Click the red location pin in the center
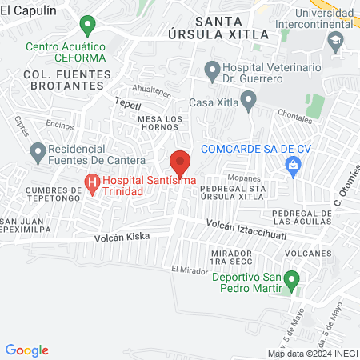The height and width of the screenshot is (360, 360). click(x=180, y=162)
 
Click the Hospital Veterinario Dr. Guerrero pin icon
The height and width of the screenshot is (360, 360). click(x=212, y=72)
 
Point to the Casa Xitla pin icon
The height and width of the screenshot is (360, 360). click(x=248, y=101)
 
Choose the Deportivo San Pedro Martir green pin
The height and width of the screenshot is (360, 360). click(x=293, y=280)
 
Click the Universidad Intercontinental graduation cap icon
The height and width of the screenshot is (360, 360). click(x=336, y=39)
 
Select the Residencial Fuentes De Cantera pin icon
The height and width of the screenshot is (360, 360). click(x=38, y=150)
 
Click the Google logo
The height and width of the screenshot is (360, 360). click(x=27, y=350)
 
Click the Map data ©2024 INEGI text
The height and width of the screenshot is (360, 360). click(x=311, y=353)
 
